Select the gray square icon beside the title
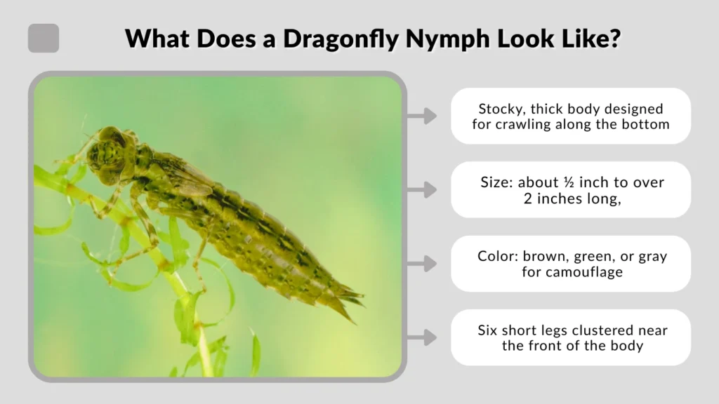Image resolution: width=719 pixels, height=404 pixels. [44, 38]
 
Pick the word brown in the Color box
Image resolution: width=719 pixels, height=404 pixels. [544, 256]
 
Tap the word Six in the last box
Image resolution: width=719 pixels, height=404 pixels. [489, 330]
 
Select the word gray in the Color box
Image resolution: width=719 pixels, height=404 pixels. [652, 256]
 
